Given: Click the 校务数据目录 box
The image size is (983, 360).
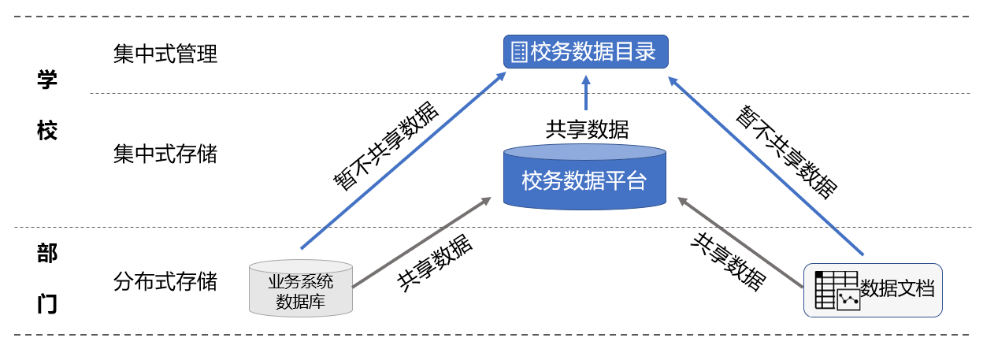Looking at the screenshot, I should (x=585, y=52).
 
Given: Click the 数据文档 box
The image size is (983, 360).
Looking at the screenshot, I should (x=873, y=290).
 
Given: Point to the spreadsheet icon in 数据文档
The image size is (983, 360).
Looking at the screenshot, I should (x=836, y=290).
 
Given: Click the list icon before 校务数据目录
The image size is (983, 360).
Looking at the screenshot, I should (x=519, y=53).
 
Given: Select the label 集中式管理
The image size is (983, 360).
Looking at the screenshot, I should (x=165, y=54).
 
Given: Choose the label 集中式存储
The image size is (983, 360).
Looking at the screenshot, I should (x=165, y=154).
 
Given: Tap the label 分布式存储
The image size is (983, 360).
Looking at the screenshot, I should (x=165, y=281).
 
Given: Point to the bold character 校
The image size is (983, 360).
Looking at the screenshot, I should (x=47, y=130).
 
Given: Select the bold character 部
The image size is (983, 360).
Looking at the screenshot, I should (x=47, y=253).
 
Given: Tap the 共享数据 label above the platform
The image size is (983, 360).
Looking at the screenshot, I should (x=587, y=128).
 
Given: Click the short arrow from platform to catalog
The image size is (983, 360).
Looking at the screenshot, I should (x=585, y=93).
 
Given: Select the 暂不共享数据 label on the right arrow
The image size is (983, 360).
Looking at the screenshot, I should (x=785, y=150).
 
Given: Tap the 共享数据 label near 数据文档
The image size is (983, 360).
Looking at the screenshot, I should (x=728, y=261).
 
